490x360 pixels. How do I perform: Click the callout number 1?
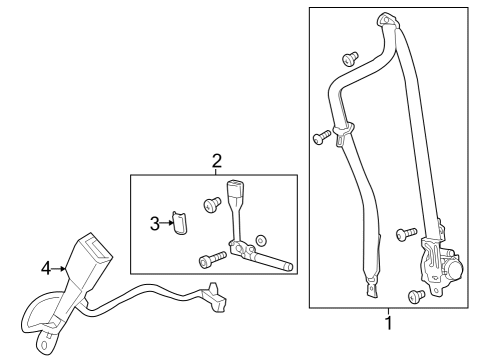tap(388, 323)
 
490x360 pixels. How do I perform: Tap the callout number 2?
tap(216, 160)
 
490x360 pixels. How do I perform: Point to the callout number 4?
tap(46, 268)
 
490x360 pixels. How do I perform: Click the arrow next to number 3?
tap(169, 224)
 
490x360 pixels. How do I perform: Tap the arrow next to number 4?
tap(60, 268)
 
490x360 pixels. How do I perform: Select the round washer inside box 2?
tap(261, 241)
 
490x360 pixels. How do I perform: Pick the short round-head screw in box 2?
tap(212, 205)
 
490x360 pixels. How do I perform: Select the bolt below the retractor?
tap(415, 295)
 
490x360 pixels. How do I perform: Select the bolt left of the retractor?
tap(405, 234)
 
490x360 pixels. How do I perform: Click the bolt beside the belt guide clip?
tap(320, 135)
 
